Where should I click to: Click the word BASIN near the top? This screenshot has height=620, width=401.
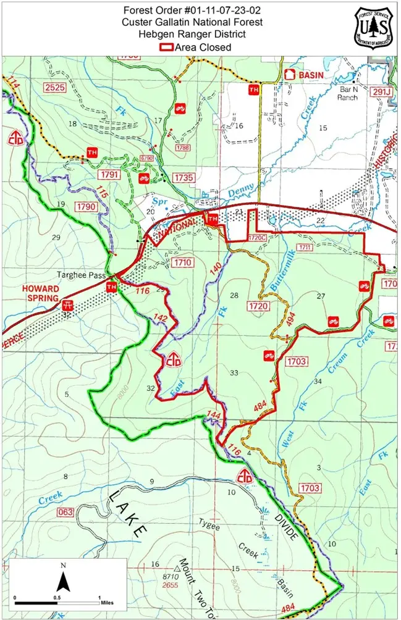311,75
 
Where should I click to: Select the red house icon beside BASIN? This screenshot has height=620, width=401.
289,74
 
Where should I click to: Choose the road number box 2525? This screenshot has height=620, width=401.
55,88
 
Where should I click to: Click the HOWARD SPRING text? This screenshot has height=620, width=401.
41,293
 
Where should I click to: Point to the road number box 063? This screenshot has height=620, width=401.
65,512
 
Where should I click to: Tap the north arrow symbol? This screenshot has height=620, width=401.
62,581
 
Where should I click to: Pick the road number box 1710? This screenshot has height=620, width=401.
184,262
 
